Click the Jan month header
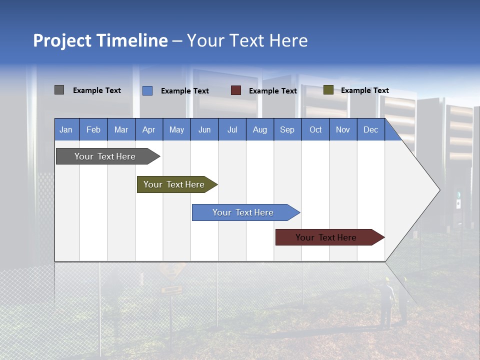pyautogui.click(x=66, y=129)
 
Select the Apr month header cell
pyautogui.click(x=148, y=129)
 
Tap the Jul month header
pyautogui.click(x=232, y=129)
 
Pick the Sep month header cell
pyautogui.click(x=287, y=129)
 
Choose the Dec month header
pyautogui.click(x=370, y=129)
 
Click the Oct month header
pyautogui.click(x=315, y=129)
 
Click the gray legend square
pyautogui.click(x=59, y=90)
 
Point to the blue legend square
pyautogui.click(x=147, y=90)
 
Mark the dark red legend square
pyautogui.click(x=236, y=90)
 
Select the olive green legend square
pyautogui.click(x=328, y=90)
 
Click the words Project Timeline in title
pyautogui.click(x=100, y=40)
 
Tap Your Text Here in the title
pyautogui.click(x=247, y=40)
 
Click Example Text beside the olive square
pyautogui.click(x=364, y=90)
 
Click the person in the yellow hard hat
pyautogui.click(x=386, y=300)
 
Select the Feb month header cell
pyautogui.click(x=93, y=129)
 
